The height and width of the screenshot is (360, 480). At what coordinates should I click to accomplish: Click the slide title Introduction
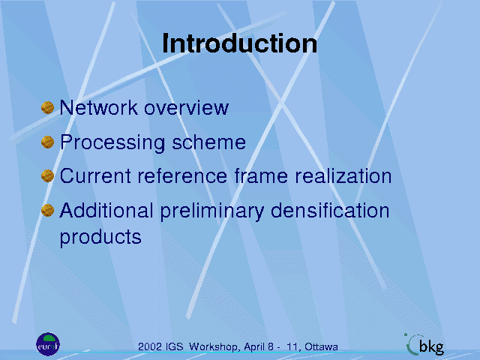240,43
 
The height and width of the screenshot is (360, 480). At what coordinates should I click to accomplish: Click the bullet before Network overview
47,107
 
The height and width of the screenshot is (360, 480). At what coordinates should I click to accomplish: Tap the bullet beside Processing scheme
47,142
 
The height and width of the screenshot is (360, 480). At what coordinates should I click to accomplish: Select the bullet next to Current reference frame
47,176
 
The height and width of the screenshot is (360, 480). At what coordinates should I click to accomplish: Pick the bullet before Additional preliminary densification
47,210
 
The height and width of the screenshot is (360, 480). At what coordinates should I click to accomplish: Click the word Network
98,107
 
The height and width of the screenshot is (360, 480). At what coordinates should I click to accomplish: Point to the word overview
187,108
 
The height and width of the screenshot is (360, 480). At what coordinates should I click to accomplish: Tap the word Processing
112,142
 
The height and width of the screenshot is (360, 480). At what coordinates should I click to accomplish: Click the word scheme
208,142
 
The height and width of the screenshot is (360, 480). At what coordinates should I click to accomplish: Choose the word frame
261,176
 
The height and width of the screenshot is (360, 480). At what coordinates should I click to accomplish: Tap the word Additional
106,211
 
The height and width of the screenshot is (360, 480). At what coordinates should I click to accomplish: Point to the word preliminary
212,211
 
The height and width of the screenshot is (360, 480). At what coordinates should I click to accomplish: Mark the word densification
330,211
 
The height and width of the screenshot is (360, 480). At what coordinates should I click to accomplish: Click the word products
100,238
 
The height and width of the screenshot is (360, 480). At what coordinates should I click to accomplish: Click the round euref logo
48,344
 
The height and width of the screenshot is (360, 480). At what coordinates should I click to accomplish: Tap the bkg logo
424,345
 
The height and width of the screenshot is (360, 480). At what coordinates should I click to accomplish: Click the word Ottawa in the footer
322,346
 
